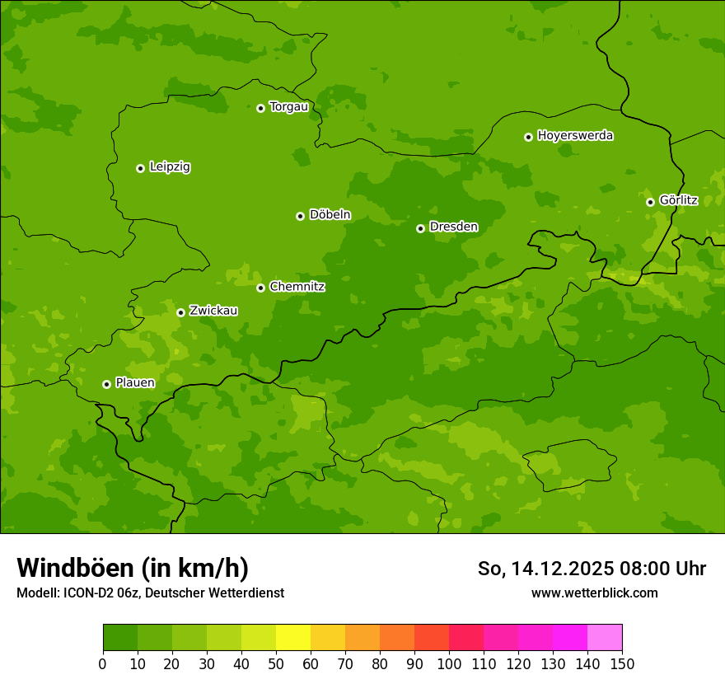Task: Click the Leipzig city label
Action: [x=170, y=167]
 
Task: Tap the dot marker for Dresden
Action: [x=420, y=228]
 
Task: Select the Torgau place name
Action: [x=288, y=107]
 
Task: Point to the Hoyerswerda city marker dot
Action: [x=528, y=137]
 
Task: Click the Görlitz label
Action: [x=678, y=200]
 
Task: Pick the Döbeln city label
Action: [x=330, y=215]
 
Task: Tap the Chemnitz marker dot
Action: [x=260, y=288]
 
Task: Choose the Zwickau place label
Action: [x=213, y=311]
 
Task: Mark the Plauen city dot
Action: [x=106, y=384]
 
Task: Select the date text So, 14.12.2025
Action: [x=545, y=569]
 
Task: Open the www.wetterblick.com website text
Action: [x=594, y=593]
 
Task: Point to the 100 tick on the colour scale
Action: [x=449, y=663]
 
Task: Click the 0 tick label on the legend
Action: [x=103, y=663]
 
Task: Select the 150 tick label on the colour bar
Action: [x=621, y=663]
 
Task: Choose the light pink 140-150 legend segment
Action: [x=605, y=638]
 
